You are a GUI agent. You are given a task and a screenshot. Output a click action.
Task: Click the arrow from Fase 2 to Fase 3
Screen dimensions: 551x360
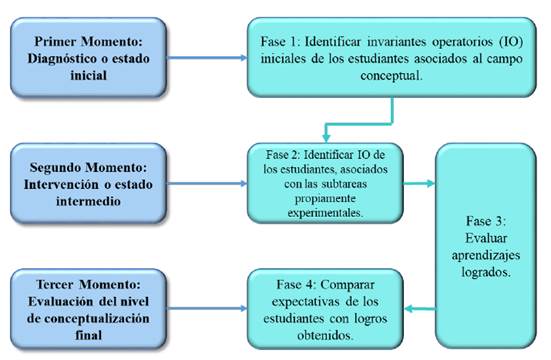pos(423,183)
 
